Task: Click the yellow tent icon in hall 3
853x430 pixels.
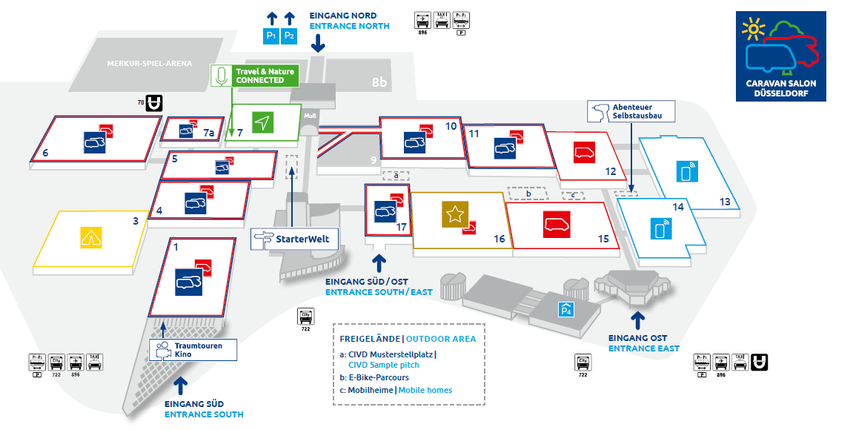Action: coord(90,238)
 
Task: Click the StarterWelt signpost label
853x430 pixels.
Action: coord(295,239)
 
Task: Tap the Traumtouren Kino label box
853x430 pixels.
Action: coord(194,350)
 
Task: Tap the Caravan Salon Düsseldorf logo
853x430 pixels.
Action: coord(780,56)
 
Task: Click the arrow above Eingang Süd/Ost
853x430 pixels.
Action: coord(379,262)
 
